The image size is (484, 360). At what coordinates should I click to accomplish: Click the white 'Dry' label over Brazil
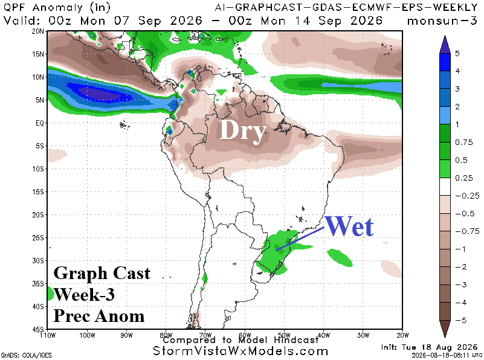(x=242, y=131)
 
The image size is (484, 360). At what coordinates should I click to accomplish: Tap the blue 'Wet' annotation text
(x=349, y=226)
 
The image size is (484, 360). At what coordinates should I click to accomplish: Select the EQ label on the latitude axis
(x=40, y=123)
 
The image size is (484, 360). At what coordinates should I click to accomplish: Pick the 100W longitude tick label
(x=87, y=335)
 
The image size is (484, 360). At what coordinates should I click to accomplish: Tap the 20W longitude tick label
(x=402, y=335)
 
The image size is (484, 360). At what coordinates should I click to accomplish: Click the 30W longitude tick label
(x=363, y=335)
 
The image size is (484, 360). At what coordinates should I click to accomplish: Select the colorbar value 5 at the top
(x=457, y=53)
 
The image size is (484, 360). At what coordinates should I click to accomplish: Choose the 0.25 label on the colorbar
(x=463, y=178)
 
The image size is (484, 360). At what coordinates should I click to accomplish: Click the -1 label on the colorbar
(x=460, y=249)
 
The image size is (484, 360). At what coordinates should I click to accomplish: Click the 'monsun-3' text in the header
(x=442, y=21)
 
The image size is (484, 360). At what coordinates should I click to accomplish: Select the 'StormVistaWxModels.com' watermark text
(x=240, y=351)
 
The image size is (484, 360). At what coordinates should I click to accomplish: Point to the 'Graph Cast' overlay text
(x=102, y=273)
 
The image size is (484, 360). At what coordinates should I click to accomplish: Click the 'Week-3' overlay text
(x=84, y=294)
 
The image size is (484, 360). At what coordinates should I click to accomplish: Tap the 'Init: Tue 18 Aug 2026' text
(x=429, y=347)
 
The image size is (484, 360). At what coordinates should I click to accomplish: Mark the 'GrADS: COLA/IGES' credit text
(x=27, y=355)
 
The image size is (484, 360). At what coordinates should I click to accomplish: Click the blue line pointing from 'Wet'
(x=300, y=239)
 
